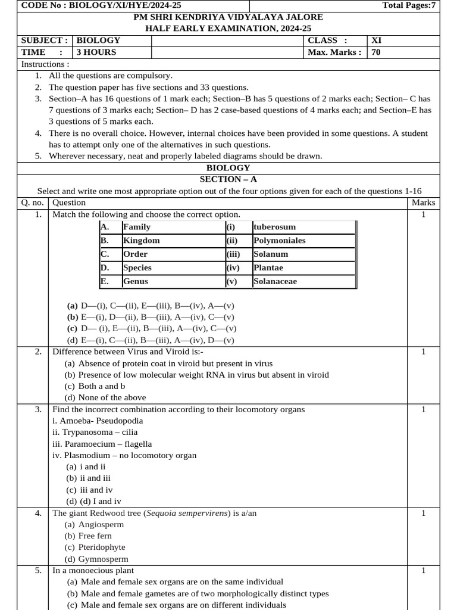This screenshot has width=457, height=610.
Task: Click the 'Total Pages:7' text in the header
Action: pos(409,5)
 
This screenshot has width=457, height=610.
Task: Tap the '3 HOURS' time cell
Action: pos(96,52)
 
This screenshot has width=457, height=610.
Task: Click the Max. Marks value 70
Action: pos(376,52)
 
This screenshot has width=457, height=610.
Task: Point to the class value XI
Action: pos(377,41)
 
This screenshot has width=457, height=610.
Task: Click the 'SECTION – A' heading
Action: pos(228,179)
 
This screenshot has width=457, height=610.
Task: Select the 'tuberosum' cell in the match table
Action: pos(274,227)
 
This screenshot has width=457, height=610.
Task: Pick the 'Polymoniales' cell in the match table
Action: pos(279,241)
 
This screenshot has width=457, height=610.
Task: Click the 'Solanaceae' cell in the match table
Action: pos(275,281)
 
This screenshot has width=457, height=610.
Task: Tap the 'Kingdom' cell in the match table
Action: pos(141,241)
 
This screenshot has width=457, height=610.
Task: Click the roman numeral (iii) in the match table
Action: pos(233,254)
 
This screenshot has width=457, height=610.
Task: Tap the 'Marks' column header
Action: pos(423,203)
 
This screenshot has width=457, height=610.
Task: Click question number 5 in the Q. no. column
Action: pos(38,570)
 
